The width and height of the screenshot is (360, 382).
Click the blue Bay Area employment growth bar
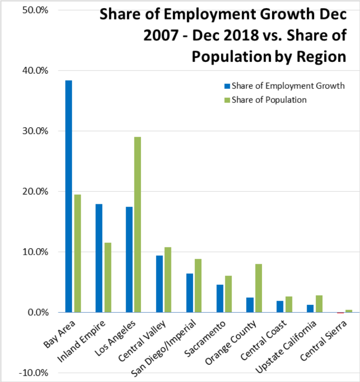(69, 196)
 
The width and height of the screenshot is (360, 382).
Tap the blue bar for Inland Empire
(99, 258)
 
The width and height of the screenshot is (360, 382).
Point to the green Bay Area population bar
(77, 253)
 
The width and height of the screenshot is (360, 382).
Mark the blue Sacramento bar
(220, 298)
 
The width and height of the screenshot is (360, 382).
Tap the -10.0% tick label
(37, 373)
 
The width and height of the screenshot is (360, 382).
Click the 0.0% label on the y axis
(40, 312)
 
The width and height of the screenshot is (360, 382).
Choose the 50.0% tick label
(38, 10)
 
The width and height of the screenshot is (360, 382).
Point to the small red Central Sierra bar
(340, 313)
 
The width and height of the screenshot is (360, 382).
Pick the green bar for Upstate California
(319, 304)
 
